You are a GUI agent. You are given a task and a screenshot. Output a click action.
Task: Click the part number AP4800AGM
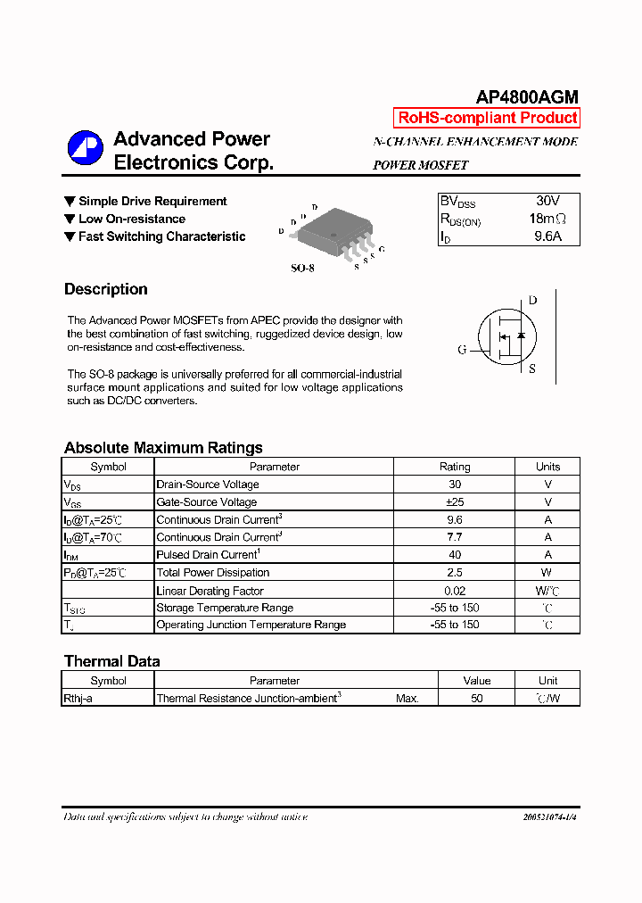coord(526,97)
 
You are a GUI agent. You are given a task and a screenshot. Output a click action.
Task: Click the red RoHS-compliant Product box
coord(487,118)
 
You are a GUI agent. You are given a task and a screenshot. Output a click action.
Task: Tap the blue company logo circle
coord(86,149)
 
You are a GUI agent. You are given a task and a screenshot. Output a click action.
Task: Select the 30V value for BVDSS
coord(547,202)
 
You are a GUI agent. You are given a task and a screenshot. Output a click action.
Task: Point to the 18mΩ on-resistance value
coord(547,220)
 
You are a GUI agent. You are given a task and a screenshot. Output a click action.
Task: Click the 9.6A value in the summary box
coord(547,237)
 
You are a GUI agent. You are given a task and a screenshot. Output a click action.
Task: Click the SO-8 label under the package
coord(302,268)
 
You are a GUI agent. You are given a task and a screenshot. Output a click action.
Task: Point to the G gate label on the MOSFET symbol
coord(462,350)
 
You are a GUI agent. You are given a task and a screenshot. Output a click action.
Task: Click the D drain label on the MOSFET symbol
coord(532,301)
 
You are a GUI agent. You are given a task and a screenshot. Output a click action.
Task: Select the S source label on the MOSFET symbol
coord(532,369)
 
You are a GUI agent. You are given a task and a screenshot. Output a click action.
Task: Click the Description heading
coord(106,289)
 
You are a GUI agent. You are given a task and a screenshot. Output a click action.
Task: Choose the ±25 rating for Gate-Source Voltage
coord(455,502)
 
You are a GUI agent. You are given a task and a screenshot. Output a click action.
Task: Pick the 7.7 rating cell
coord(455,537)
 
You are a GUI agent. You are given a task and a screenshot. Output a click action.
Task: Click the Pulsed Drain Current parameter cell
coord(207,555)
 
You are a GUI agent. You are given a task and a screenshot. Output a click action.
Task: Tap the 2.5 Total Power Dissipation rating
coord(455,573)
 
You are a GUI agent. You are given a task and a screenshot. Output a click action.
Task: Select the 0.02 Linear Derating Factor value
coord(455,591)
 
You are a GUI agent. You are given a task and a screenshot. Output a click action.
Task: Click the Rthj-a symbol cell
coord(78,699)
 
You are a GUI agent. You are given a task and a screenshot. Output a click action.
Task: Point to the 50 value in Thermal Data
coord(477,699)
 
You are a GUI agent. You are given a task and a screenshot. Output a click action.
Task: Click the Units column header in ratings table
coord(547,467)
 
